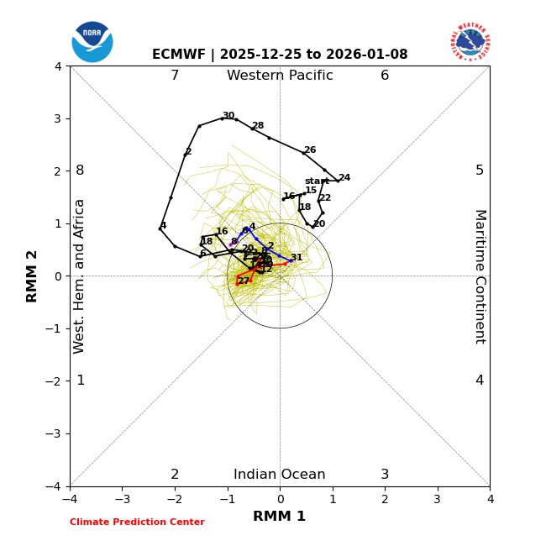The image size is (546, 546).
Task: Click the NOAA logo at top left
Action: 92,41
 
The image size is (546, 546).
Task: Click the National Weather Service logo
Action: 470,41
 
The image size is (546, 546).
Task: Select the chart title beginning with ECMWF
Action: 280,55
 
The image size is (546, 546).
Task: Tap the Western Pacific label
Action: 280,76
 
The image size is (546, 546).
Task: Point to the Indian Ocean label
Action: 280,475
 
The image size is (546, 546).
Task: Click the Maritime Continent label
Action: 480,276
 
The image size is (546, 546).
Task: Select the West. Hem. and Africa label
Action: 81,276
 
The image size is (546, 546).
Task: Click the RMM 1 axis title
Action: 280,517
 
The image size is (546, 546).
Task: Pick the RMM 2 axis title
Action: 33,276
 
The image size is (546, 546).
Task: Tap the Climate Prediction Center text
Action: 137,522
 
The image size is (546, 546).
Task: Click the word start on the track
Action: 317,181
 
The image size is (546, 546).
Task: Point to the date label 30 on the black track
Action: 228,116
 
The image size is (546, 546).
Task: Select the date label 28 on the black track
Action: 258,126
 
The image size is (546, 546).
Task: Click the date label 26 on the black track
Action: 310,150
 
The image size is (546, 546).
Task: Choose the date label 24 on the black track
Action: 344,178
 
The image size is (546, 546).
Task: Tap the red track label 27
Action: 244,281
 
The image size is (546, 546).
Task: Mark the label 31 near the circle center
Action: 297,258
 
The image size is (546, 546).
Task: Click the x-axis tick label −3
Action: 122,499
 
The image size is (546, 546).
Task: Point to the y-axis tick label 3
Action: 58,118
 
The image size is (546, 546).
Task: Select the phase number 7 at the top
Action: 175,76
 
